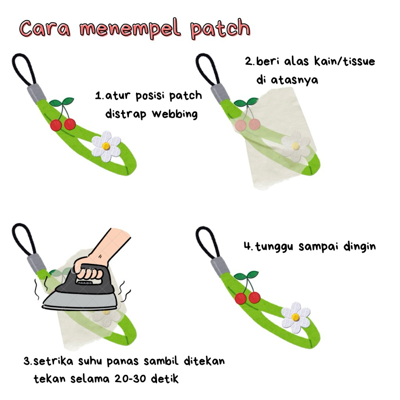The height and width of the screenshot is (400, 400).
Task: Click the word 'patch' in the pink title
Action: tap(220, 29)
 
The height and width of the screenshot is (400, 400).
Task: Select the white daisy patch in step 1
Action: tap(106, 146)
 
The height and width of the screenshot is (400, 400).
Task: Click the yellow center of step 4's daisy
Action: tap(295, 317)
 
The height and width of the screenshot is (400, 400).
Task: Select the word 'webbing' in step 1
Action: tap(175, 114)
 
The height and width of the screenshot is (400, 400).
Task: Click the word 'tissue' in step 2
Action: tap(359, 61)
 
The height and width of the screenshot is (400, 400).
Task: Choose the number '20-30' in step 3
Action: tap(130, 379)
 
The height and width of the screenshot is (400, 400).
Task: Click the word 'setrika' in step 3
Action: tap(53, 361)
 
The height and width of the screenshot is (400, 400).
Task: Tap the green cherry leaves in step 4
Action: tap(246, 275)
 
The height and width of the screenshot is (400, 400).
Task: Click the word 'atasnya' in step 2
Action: tap(295, 80)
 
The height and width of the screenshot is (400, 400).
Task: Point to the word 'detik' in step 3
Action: tap(164, 379)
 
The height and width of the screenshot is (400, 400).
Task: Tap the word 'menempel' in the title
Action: tap(130, 29)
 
